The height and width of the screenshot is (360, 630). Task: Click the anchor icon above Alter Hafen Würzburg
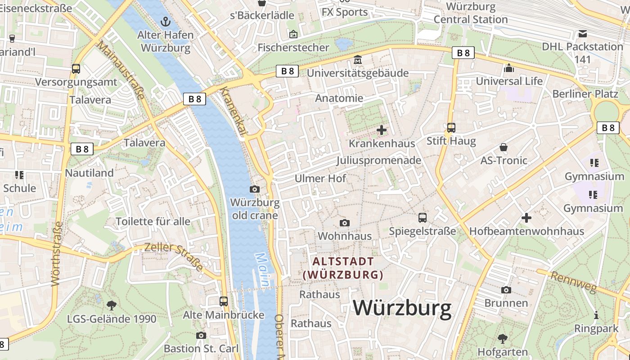(x=166, y=21)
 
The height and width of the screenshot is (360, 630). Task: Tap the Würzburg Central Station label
(x=471, y=13)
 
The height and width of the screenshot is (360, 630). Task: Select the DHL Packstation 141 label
(x=582, y=53)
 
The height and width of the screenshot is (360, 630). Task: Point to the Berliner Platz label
(x=585, y=94)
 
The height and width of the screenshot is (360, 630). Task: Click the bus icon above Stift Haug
(x=451, y=128)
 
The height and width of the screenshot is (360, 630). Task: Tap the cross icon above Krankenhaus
(x=382, y=130)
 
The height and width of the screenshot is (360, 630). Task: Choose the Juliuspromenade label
(x=378, y=160)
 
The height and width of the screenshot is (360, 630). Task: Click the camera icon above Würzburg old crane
(x=255, y=189)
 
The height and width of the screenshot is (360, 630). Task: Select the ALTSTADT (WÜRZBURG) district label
(x=343, y=268)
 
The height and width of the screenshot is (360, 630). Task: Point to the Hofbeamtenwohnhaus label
(x=526, y=231)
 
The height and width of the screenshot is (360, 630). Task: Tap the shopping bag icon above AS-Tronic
(x=504, y=147)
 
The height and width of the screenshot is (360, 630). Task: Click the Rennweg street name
(x=573, y=282)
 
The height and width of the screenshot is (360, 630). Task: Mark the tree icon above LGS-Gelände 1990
(x=112, y=306)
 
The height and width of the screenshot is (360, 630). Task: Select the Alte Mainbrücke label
(x=223, y=315)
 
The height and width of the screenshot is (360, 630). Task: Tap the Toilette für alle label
(x=153, y=221)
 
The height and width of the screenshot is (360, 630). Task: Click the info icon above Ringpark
(x=596, y=315)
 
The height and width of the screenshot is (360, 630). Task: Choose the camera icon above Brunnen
(x=506, y=290)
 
